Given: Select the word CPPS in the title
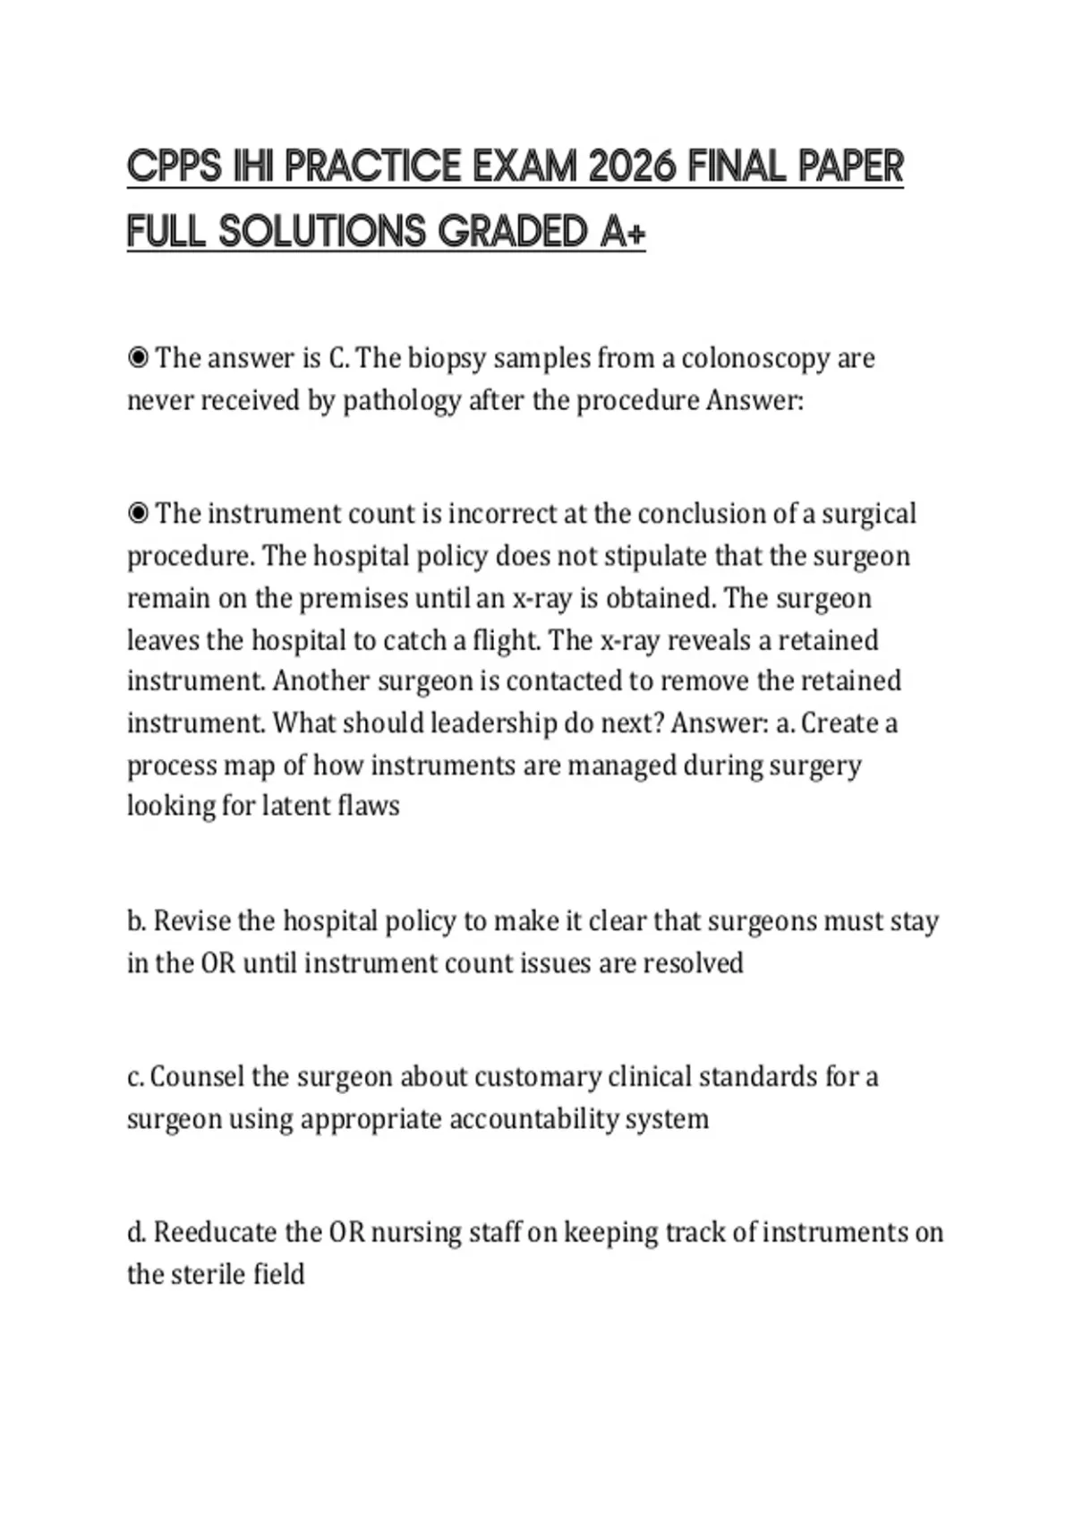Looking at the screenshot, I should pos(175,167).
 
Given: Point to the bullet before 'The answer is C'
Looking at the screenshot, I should pos(138,358).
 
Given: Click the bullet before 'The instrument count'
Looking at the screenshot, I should pos(138,514).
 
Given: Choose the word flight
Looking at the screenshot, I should pos(506,640).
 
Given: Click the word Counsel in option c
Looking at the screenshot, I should pos(197,1076).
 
